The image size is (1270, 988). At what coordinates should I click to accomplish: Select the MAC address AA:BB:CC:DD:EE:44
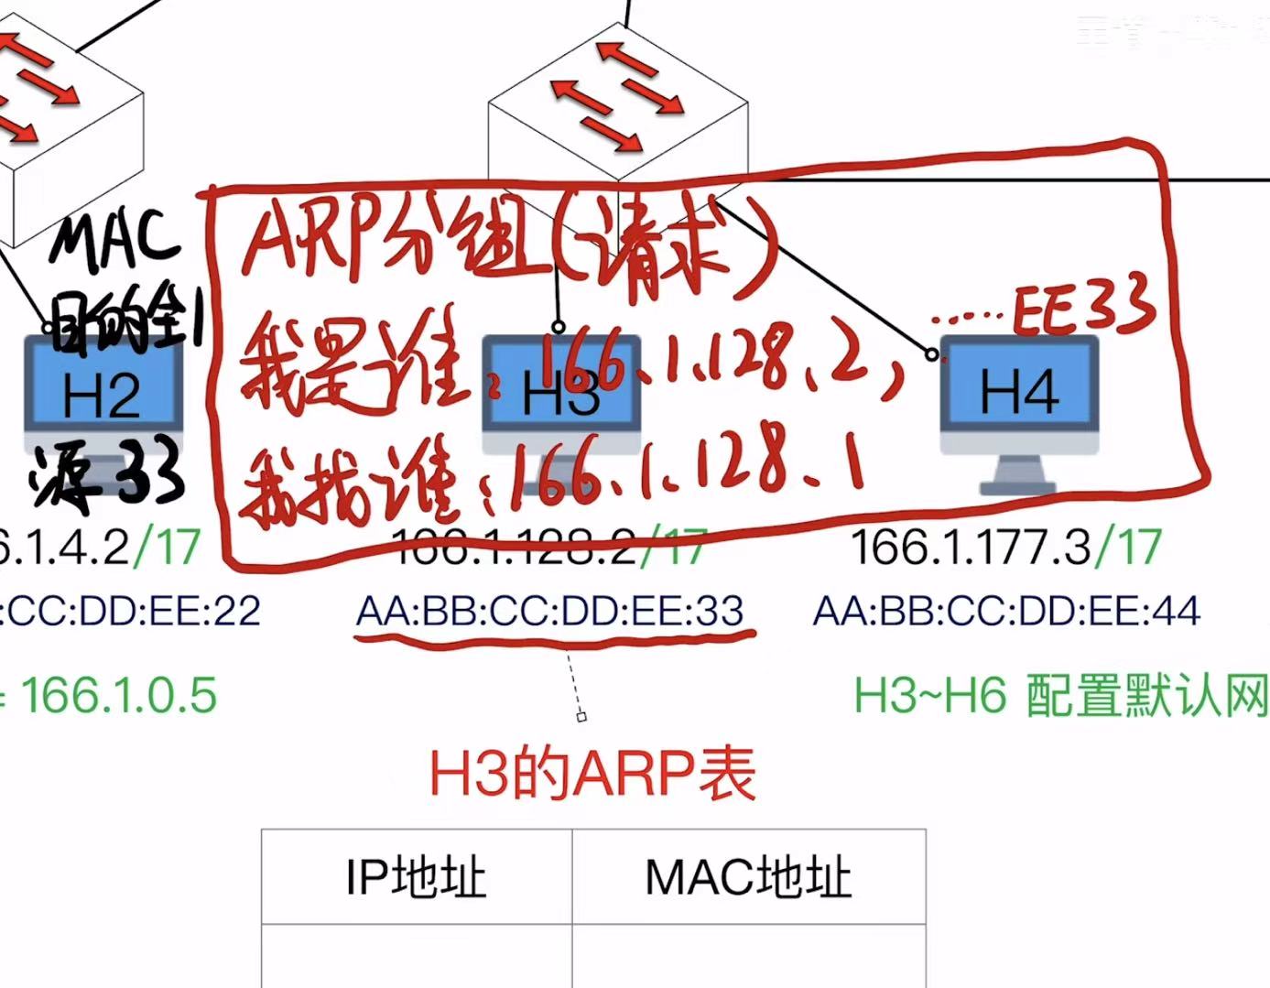point(1006,611)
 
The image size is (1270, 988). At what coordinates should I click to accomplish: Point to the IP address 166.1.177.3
point(971,548)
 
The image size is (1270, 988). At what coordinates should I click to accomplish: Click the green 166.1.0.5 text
point(119,694)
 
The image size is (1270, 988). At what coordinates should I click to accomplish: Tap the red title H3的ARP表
point(592,774)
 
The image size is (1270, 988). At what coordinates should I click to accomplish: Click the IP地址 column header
point(416,877)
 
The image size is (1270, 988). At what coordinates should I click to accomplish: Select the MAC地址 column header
point(748,877)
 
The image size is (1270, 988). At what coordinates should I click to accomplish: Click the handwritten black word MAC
point(114,240)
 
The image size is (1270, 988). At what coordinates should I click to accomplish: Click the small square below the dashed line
point(581,717)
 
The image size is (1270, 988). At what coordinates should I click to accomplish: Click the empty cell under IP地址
point(416,956)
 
